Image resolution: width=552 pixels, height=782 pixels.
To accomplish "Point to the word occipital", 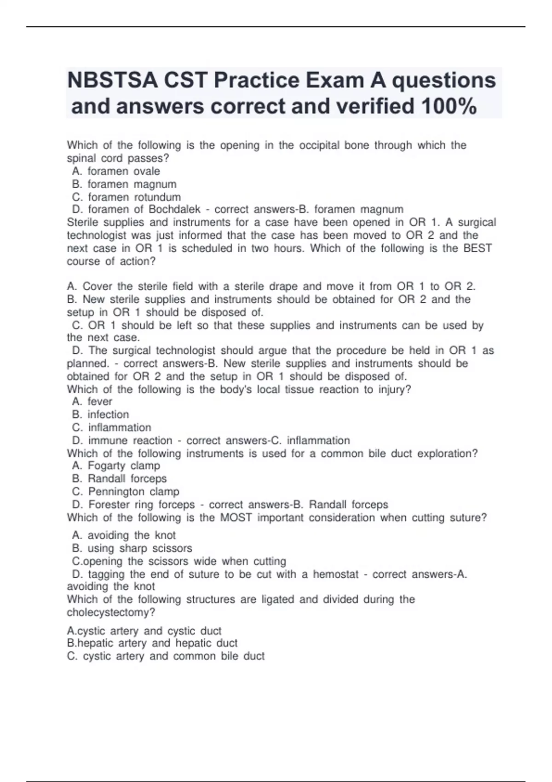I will coord(320,145).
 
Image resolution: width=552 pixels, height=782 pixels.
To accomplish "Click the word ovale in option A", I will coord(147,171).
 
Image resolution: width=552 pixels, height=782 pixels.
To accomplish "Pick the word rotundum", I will coord(157,197).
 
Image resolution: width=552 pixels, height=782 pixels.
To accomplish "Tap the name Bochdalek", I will coord(174,210).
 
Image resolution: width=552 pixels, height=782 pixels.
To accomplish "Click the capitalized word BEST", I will coord(477,248).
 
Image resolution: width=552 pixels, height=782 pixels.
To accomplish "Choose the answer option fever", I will coord(100,402).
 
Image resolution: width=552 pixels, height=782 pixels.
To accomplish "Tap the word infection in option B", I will coord(108,414).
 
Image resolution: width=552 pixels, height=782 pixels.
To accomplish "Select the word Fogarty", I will coord(106,466).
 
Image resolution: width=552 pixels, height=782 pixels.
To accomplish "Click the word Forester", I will coord(109,505).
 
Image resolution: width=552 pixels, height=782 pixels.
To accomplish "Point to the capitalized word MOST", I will coord(236,517).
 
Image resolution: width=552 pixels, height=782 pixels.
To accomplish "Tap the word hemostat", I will coord(335,575).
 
